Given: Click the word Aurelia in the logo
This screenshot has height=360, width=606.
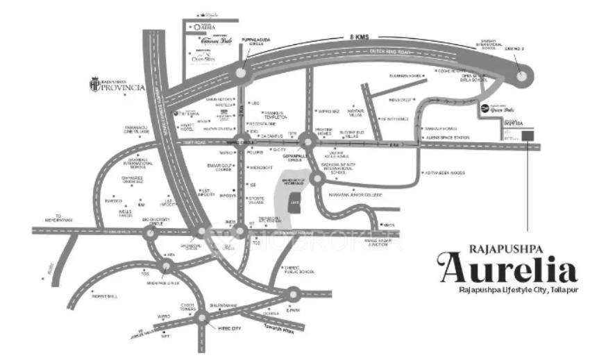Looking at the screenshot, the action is (507, 265).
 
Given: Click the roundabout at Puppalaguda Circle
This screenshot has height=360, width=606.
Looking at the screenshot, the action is (241, 71).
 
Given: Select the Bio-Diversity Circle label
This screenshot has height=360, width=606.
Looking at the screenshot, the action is (157, 221).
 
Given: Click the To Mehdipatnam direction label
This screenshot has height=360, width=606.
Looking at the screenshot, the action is (67, 219).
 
